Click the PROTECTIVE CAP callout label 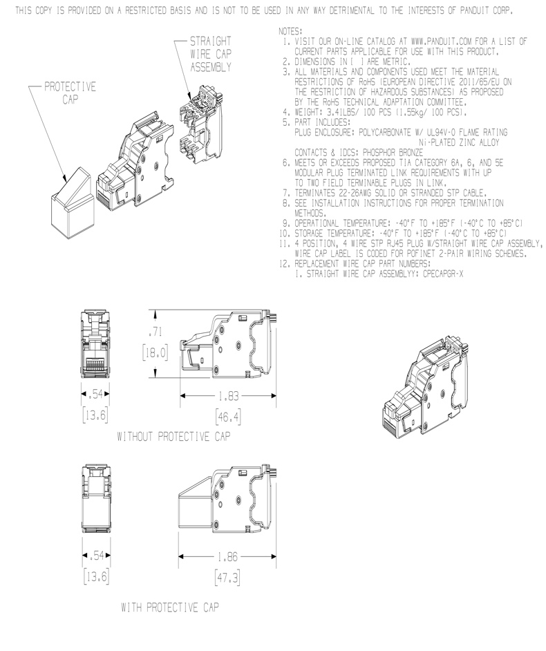[x=70, y=93]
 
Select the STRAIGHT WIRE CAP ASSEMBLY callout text [x=211, y=54]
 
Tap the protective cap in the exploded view [x=73, y=203]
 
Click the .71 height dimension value [x=156, y=332]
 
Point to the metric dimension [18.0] [x=156, y=353]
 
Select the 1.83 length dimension [x=228, y=396]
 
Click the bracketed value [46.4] [x=228, y=417]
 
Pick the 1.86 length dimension [x=227, y=557]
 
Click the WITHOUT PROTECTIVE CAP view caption [x=173, y=437]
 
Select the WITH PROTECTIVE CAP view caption [x=170, y=607]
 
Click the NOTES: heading [x=290, y=31]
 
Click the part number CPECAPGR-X [x=443, y=274]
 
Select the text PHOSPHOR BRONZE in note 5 [x=393, y=153]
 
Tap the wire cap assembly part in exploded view [x=201, y=124]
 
